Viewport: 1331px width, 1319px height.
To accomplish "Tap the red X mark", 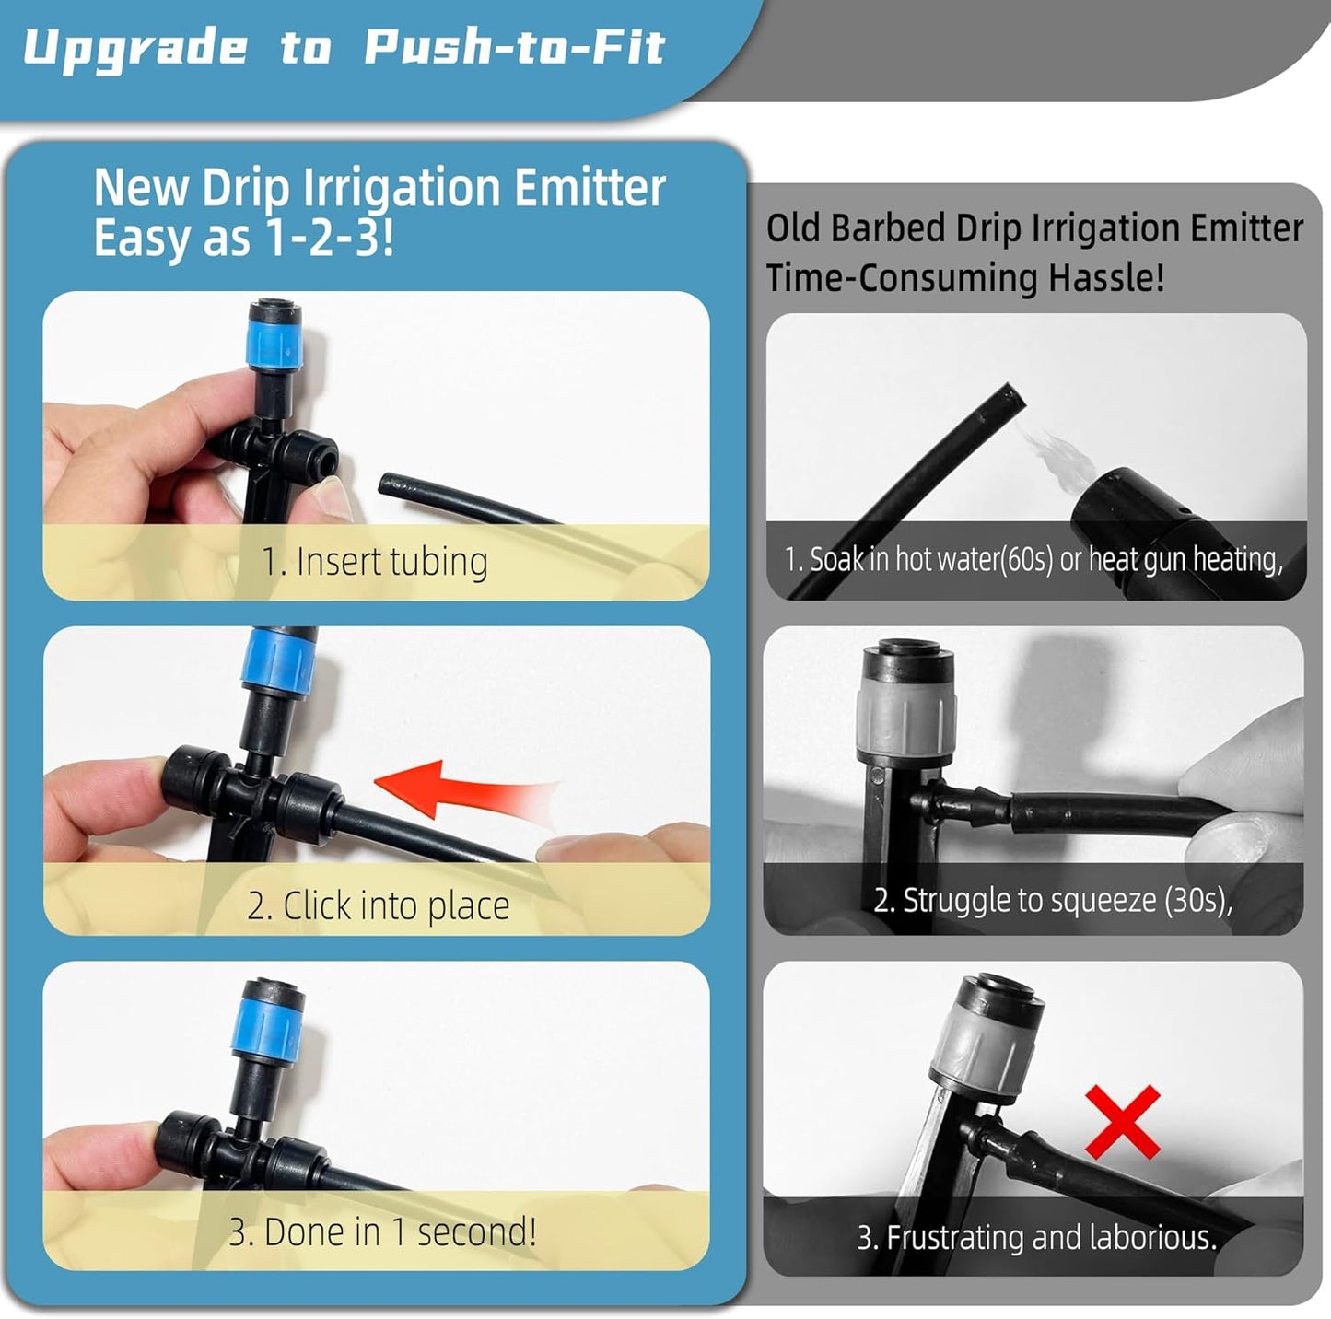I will pos(1122,1121).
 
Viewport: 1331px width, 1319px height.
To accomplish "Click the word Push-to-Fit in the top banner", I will pos(514,48).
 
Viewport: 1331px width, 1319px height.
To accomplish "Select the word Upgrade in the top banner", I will pos(135,48).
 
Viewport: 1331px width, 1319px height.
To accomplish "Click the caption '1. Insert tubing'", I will pos(375,561).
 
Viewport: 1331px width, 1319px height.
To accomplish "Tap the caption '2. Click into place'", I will pos(378,905).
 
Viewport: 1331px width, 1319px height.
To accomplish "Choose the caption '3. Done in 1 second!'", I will pos(382,1231).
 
